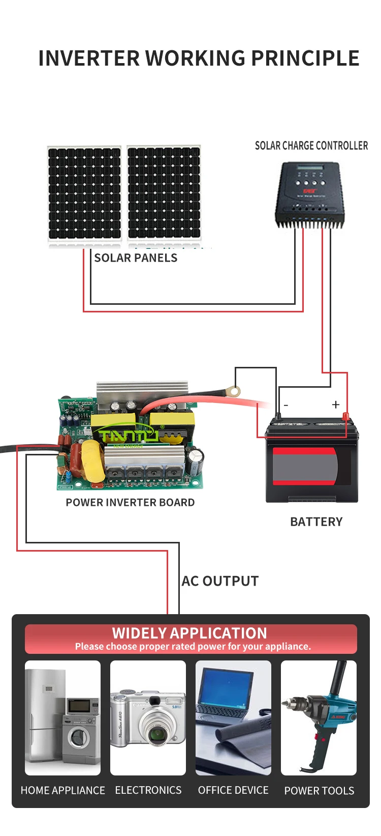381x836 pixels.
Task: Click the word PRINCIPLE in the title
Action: tap(305, 58)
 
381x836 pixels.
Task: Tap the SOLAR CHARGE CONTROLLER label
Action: tap(311, 146)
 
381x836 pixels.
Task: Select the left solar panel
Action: tap(84, 193)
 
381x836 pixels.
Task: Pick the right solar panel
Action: tap(164, 193)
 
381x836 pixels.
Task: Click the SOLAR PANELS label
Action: tap(136, 258)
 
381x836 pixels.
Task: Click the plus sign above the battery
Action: tap(335, 405)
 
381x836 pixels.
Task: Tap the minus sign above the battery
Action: tap(286, 405)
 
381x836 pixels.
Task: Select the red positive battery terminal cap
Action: tap(346, 417)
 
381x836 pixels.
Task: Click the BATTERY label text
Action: tap(316, 522)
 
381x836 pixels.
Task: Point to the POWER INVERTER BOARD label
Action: tap(130, 502)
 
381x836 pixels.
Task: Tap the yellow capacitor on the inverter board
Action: tap(92, 460)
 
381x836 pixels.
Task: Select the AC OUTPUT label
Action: tap(220, 581)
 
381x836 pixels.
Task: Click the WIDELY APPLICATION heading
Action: tap(189, 633)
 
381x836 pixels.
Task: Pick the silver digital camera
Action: tap(148, 717)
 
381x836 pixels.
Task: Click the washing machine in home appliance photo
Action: tap(79, 737)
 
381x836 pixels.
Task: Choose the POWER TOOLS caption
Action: tap(319, 791)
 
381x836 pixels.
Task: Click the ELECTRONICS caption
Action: tap(148, 790)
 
